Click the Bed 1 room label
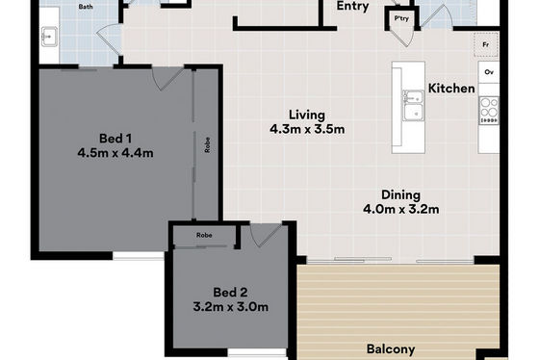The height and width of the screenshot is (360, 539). click(115, 139)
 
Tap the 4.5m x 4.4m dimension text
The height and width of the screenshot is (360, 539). click(115, 153)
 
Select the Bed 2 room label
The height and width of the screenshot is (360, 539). click(230, 293)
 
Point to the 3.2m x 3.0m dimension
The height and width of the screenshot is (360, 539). click(231, 307)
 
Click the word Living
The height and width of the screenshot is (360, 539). click(307, 116)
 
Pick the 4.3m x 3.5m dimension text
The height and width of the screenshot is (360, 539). click(307, 129)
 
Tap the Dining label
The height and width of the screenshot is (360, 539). click(400, 195)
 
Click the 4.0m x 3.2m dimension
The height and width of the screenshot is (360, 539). click(400, 210)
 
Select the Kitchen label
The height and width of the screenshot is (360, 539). click(451, 89)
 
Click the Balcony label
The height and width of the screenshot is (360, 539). click(391, 349)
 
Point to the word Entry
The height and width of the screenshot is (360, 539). click(352, 6)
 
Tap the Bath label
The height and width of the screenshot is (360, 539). click(86, 7)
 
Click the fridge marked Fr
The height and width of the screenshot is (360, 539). click(486, 44)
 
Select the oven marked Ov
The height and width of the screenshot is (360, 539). click(489, 72)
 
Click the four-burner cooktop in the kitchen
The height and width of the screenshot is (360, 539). click(489, 110)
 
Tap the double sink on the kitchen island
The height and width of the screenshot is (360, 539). click(413, 106)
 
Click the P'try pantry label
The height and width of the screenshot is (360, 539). click(401, 18)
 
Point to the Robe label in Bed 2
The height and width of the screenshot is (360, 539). click(204, 235)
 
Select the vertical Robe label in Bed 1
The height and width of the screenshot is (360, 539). click(207, 144)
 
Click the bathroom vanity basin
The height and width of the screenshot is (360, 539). click(49, 37)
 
